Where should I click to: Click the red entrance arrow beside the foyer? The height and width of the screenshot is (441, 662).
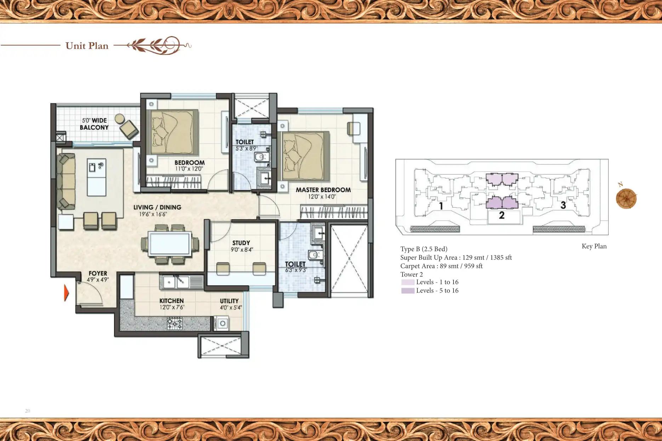(66, 293)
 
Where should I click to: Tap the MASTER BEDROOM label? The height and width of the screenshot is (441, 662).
(323, 190)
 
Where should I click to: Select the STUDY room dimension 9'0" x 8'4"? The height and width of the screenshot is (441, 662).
(242, 250)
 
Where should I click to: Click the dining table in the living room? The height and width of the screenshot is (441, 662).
(170, 244)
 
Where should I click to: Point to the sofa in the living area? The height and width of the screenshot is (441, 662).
(66, 181)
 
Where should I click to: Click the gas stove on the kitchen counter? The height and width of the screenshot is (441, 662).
(175, 323)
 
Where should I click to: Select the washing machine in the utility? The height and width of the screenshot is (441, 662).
(223, 323)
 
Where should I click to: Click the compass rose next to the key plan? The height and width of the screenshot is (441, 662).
(626, 198)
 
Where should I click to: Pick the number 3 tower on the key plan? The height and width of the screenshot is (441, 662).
(563, 205)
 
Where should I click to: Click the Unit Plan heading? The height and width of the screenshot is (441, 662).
(87, 46)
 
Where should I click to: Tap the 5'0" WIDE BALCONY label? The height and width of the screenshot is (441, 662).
(94, 124)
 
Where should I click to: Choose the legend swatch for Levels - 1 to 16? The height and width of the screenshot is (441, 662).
(408, 282)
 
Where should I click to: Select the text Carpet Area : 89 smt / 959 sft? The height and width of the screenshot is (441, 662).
(441, 266)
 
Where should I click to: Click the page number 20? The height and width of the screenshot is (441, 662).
(28, 411)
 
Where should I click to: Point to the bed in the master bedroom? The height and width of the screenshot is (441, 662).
(303, 156)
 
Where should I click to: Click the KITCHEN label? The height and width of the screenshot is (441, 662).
(171, 301)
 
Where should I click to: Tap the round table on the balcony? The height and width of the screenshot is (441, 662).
(120, 118)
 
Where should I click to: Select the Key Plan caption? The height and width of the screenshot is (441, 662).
(594, 246)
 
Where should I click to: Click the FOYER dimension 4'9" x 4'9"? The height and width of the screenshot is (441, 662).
(98, 279)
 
